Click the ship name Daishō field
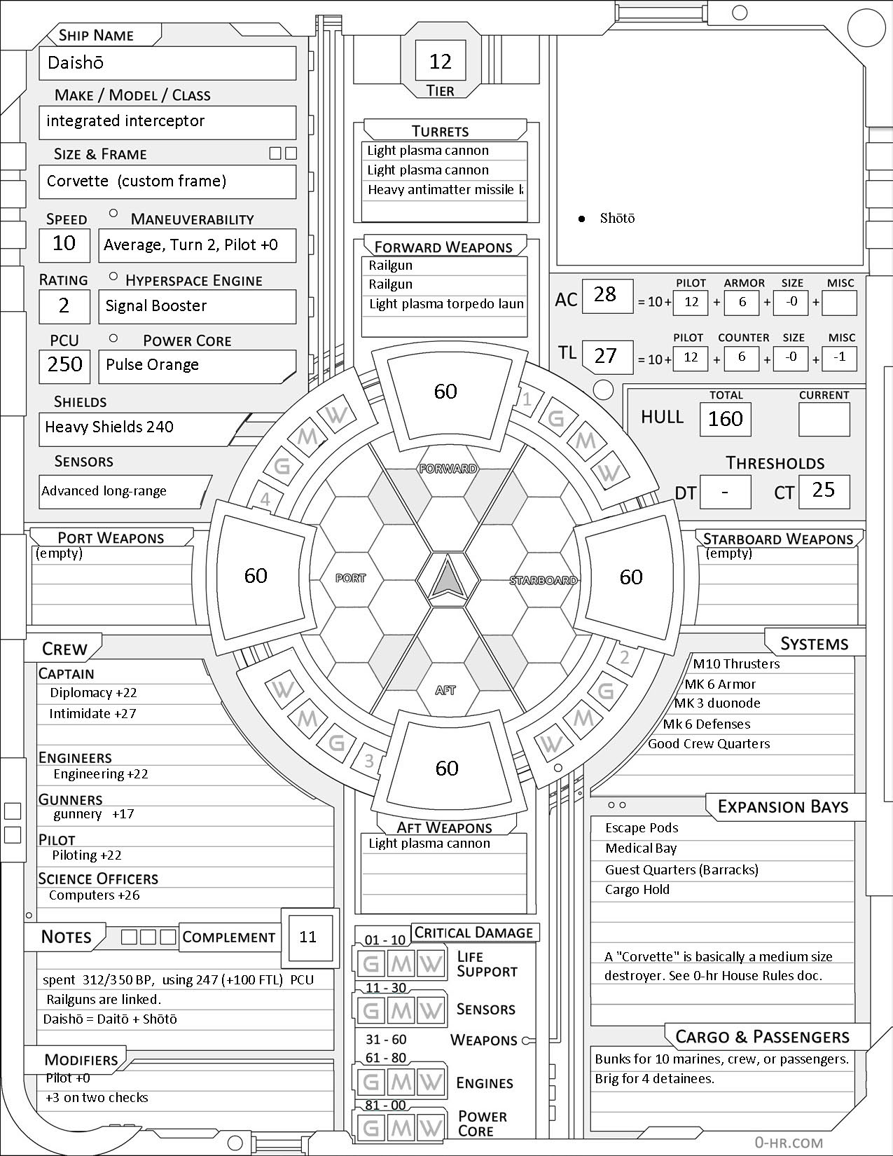tap(167, 63)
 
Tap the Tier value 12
tap(440, 62)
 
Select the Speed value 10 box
tap(64, 244)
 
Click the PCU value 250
tap(64, 364)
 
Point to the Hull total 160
tap(725, 419)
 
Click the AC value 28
tap(606, 294)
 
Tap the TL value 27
tap(606, 356)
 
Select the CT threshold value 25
tap(824, 490)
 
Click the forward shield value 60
tap(445, 391)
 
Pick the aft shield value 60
tap(447, 768)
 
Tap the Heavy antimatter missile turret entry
tap(445, 190)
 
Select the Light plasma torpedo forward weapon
tap(446, 304)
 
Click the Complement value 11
tap(308, 937)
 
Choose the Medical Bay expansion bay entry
tap(641, 849)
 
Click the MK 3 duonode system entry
tap(717, 703)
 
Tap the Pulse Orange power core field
tap(196, 365)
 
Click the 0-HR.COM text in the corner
tap(788, 1143)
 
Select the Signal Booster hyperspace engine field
tap(196, 306)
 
